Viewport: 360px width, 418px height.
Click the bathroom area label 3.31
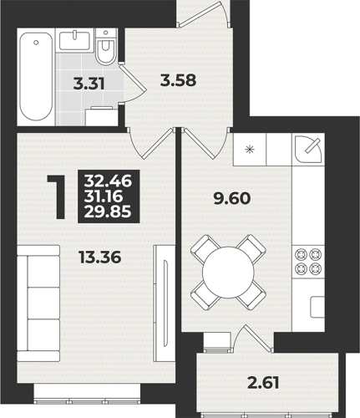point(89,84)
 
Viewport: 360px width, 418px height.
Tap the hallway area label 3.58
point(179,81)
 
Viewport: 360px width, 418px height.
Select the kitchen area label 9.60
point(232,199)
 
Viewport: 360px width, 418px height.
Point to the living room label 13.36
point(100,257)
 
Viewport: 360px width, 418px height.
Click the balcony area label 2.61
point(263,383)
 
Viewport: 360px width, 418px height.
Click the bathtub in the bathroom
point(36,77)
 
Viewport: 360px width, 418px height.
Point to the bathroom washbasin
point(74,40)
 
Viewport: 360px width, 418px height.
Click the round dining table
point(228,273)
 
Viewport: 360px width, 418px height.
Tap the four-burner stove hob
point(308,262)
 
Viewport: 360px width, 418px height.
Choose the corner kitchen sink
point(308,149)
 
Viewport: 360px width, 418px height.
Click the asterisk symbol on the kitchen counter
point(250,150)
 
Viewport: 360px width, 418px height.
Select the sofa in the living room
point(38,303)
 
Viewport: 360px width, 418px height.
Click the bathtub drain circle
point(36,43)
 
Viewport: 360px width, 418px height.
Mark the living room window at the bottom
point(87,401)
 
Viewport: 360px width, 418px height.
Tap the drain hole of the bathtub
point(36,43)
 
